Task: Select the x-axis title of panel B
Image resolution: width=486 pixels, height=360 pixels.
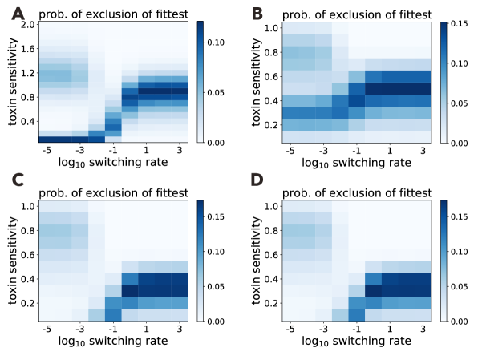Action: click(x=356, y=164)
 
